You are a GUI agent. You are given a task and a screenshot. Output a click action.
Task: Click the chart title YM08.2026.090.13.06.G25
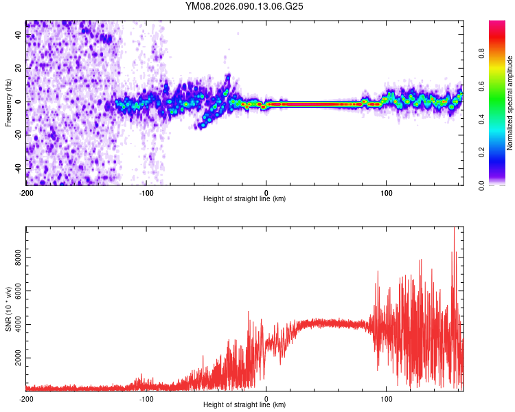click(244, 7)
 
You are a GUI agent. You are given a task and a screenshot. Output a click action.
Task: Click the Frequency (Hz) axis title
click(8, 102)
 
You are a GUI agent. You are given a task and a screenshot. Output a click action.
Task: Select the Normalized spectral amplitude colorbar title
click(510, 103)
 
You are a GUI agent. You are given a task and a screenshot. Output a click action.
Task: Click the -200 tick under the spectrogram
click(26, 192)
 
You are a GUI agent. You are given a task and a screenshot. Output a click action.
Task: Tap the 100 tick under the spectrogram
click(387, 192)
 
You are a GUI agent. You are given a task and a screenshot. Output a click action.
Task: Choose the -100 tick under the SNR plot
click(146, 398)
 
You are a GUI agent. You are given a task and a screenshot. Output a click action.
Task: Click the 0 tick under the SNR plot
click(266, 398)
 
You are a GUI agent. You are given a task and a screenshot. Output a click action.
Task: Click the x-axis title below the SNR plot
click(244, 405)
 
